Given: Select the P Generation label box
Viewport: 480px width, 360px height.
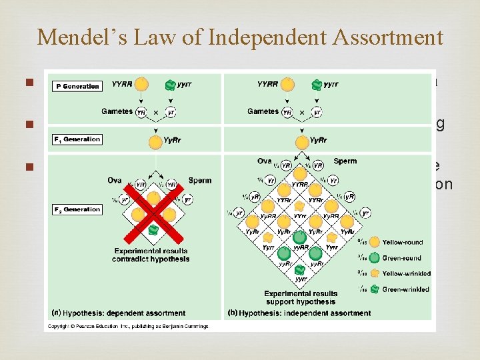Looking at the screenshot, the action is [x=77, y=86].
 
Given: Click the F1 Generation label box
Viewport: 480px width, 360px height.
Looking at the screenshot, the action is [x=78, y=139].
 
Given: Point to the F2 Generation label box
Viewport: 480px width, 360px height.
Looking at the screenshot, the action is [x=78, y=209].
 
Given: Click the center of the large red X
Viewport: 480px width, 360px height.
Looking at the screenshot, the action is [x=154, y=213].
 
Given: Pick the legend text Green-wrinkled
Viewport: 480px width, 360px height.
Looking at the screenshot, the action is [x=407, y=289].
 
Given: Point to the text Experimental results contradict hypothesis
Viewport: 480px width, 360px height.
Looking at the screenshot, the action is [x=153, y=255].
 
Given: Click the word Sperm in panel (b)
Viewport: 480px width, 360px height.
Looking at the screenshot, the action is [x=345, y=161].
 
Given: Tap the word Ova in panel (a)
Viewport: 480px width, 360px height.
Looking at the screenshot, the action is [x=115, y=181].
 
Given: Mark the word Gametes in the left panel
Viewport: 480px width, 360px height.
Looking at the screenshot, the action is [x=117, y=111].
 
